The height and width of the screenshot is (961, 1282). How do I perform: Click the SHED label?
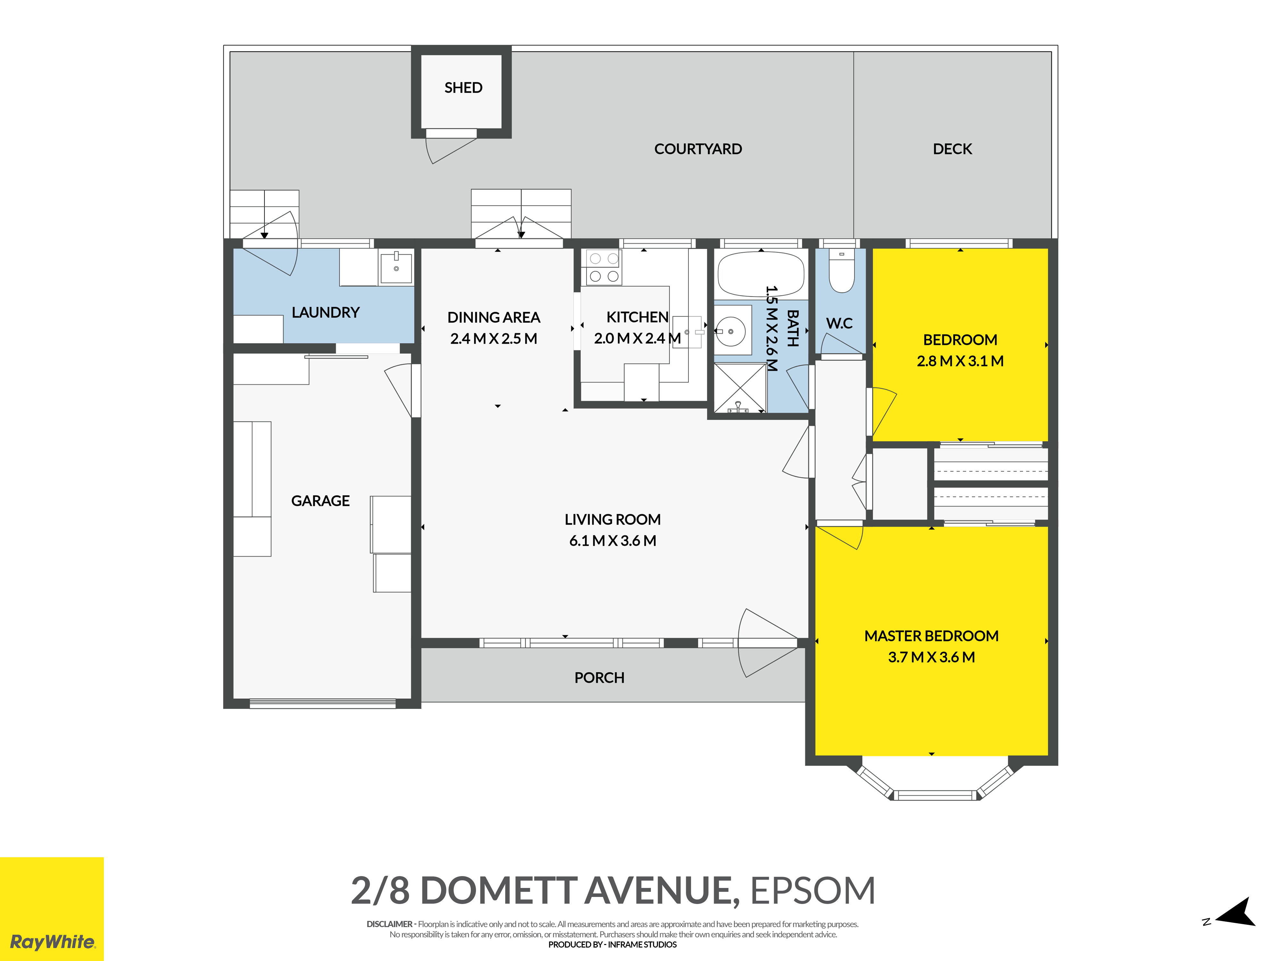pos(463,87)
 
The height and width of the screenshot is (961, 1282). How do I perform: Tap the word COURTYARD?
pos(698,149)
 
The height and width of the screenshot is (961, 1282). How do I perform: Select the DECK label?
pos(952,149)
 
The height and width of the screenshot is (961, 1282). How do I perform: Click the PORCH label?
pos(599,677)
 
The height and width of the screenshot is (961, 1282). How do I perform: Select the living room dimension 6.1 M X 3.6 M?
pos(612,540)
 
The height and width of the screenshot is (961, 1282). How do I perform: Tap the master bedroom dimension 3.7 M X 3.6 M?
pos(931,657)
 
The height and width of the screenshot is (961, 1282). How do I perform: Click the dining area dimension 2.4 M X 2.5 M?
pos(494,338)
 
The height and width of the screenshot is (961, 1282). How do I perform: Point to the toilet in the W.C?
pos(842,270)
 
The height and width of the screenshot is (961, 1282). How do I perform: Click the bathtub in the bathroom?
pos(761,275)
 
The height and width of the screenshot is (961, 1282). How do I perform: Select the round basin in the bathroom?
pos(730,331)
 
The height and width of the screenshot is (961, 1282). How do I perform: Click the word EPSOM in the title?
pos(812,891)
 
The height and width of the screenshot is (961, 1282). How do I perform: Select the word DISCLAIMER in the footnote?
pos(389,924)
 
